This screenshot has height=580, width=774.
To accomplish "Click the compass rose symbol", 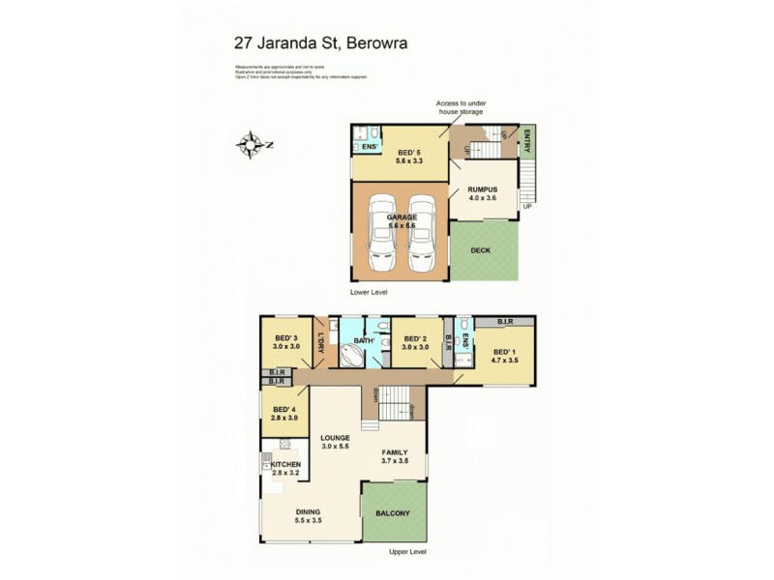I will coord(253,145).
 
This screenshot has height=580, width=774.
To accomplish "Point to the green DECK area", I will coord(482,249).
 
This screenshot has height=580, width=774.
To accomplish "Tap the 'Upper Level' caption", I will coord(407,552).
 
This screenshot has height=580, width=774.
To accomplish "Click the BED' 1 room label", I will coord(505,355).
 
